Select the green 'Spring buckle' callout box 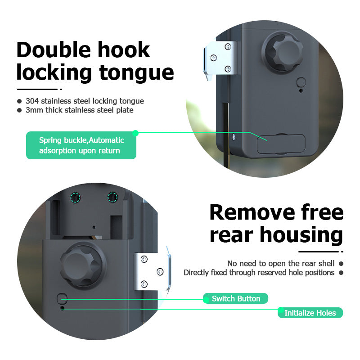point(81,145)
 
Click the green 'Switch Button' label point(236,298)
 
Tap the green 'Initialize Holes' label point(310,313)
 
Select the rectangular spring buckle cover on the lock point(281,144)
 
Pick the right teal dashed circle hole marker point(112,197)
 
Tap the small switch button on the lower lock point(63,298)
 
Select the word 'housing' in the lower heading point(304,235)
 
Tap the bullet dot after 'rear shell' point(341,264)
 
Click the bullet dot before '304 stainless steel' point(19,101)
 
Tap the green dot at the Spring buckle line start point(135,133)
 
